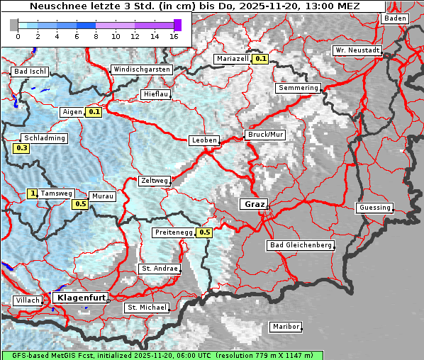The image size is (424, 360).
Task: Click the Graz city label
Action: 254,204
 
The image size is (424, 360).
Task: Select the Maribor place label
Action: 286,327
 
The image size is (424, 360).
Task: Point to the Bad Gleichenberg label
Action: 300,245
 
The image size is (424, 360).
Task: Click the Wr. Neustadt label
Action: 357,51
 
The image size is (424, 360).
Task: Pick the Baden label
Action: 395,18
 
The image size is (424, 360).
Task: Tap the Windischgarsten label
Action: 141,69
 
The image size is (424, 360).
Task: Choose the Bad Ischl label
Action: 30,72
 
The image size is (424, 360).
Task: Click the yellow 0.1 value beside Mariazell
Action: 261,60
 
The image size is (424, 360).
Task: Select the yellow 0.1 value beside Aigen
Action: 94,112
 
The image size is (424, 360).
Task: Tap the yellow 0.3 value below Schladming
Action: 21,148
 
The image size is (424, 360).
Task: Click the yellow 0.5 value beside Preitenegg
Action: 205,232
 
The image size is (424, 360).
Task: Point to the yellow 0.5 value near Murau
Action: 80,204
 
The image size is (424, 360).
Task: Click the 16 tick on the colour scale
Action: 174,35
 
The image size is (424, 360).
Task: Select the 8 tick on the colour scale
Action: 96,35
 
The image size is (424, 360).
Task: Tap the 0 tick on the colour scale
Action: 18,35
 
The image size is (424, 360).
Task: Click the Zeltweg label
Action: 154,181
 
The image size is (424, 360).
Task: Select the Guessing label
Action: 374,208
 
